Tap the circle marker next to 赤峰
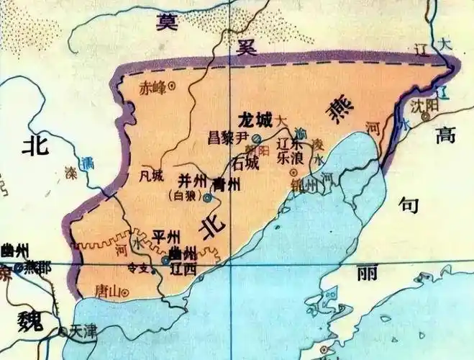(x=171, y=87)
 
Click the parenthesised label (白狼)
(x=183, y=195)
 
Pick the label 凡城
(x=153, y=174)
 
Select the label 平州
(x=166, y=238)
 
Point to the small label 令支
(x=137, y=268)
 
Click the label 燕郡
(x=37, y=267)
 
